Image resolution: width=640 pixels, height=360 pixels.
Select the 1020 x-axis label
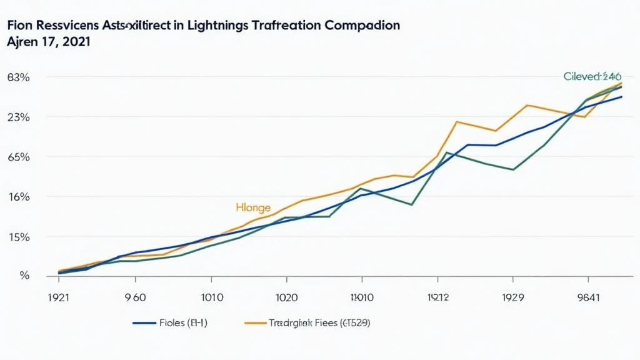coord(287,297)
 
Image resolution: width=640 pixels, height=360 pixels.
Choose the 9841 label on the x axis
coord(587,297)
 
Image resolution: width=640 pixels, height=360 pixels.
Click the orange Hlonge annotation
coord(253,207)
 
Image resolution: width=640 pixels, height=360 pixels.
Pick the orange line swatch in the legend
coord(255,324)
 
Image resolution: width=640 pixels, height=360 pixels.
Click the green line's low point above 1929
coord(513,169)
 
